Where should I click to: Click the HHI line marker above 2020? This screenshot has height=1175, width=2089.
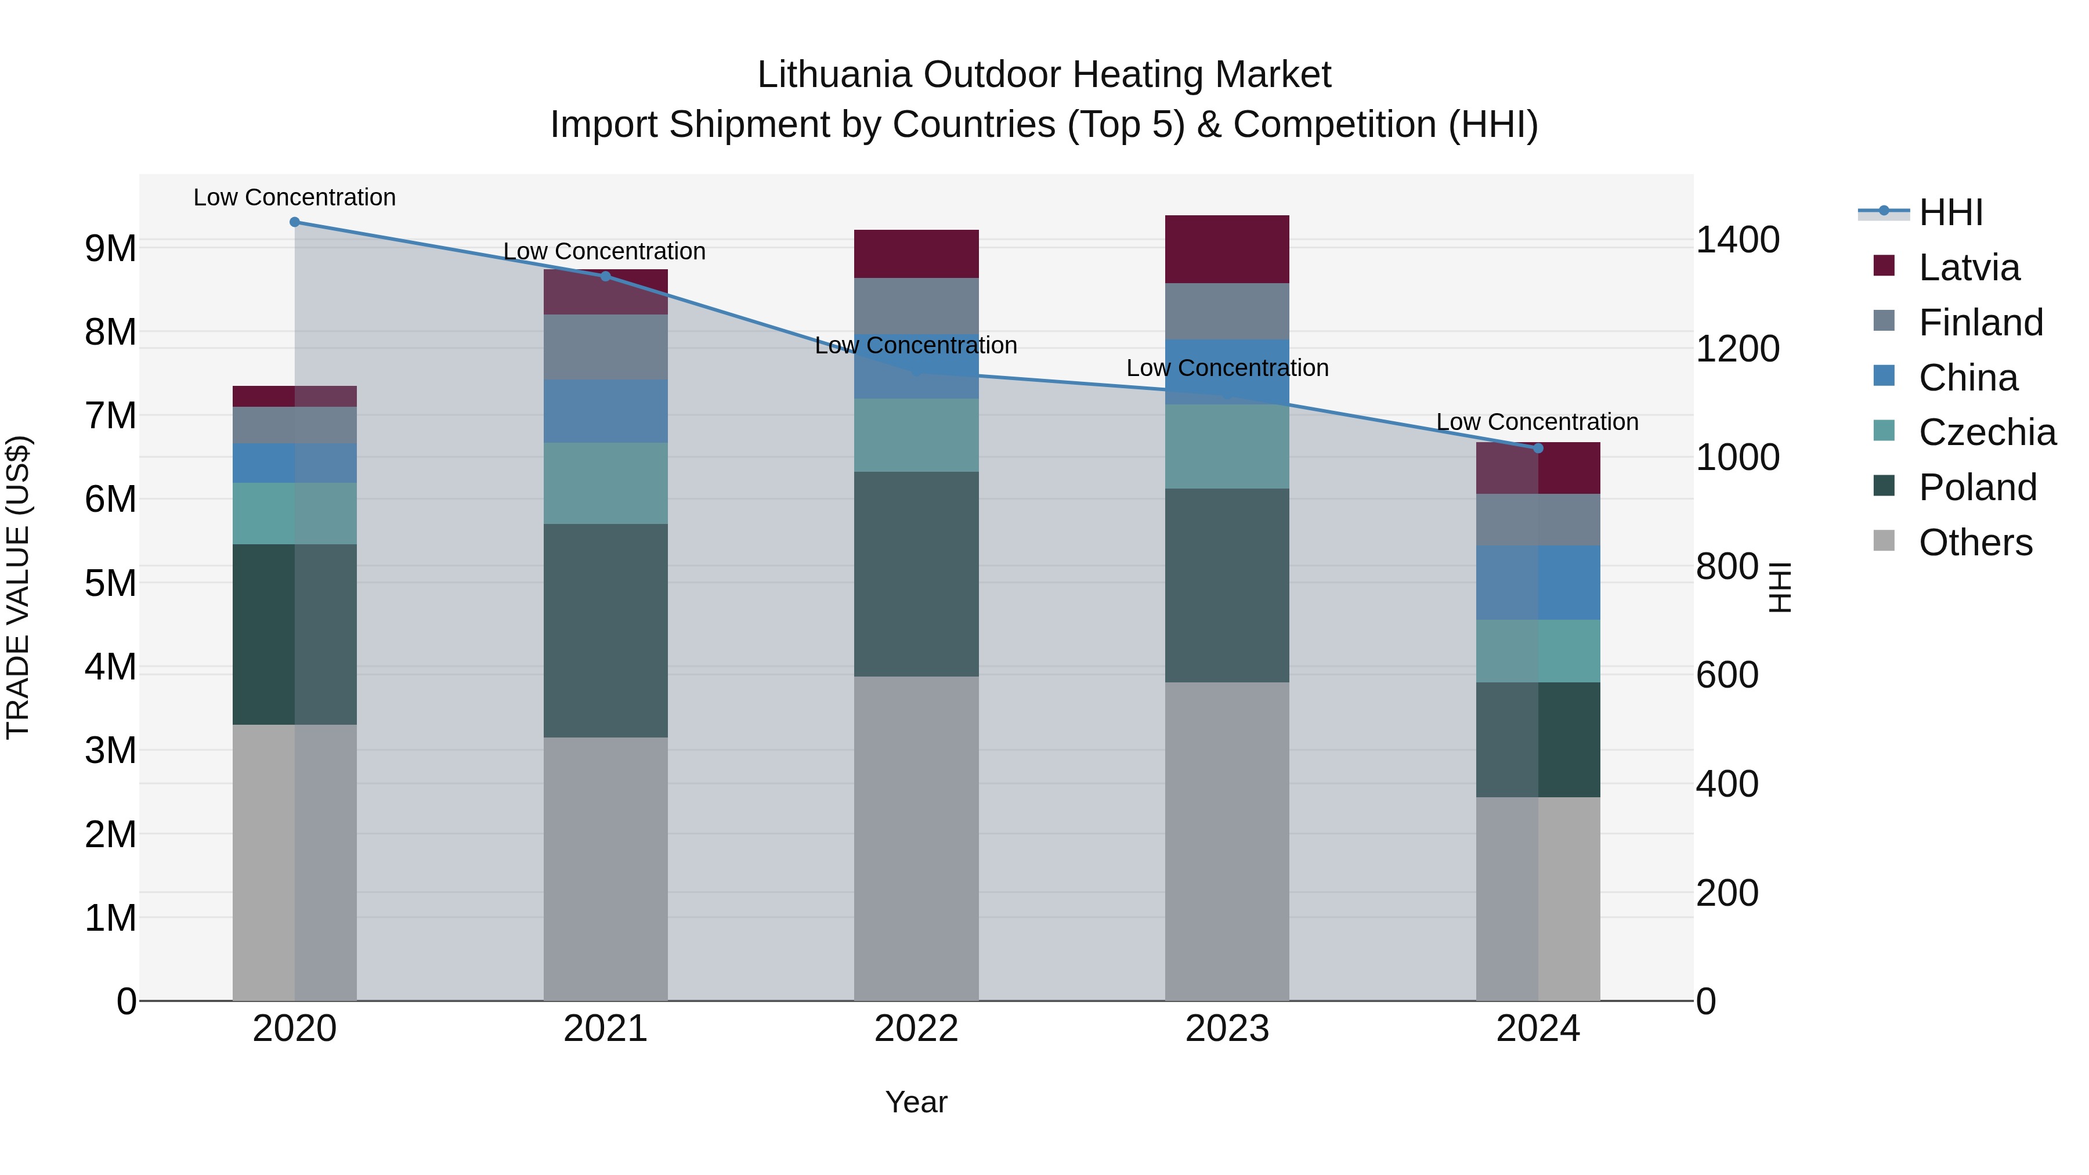click(294, 222)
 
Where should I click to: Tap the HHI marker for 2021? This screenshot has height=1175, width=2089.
click(605, 277)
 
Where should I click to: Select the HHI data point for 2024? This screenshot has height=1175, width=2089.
click(1538, 449)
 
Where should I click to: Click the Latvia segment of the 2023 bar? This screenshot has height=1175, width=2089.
click(1227, 249)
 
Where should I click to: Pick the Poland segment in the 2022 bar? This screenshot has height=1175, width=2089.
click(916, 574)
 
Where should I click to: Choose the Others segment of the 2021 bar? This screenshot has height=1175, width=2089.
click(605, 869)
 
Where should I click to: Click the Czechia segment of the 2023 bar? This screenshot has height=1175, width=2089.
click(1227, 446)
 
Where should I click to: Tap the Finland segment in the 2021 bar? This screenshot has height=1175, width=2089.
click(605, 347)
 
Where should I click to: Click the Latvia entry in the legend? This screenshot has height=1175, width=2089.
click(1968, 267)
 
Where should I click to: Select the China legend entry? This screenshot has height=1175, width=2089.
click(1967, 378)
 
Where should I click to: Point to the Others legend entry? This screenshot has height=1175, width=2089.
click(1975, 543)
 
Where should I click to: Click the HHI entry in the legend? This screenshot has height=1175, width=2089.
click(1950, 212)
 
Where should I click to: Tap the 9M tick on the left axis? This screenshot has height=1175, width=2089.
click(110, 248)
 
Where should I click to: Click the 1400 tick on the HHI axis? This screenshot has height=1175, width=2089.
click(1737, 240)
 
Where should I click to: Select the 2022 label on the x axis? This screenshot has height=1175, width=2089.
click(916, 1029)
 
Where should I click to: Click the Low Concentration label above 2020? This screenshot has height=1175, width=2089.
click(294, 197)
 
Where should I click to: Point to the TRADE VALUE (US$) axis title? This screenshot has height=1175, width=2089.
click(18, 587)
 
